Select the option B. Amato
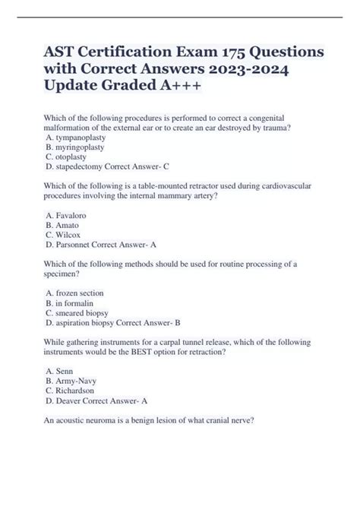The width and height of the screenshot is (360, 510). pyautogui.click(x=62, y=226)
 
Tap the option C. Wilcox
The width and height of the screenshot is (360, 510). pyautogui.click(x=62, y=236)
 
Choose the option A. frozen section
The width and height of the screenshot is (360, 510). pyautogui.click(x=74, y=293)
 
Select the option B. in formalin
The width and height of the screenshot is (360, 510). pyautogui.click(x=71, y=303)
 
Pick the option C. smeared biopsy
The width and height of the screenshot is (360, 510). pyautogui.click(x=76, y=312)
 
